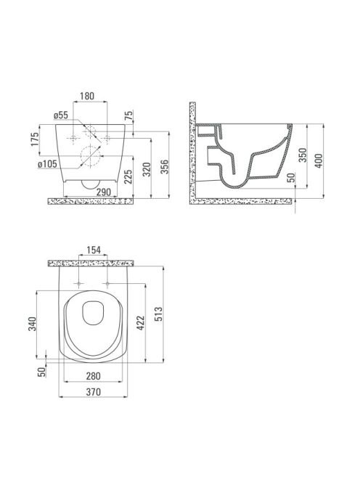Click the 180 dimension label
pos(87,96)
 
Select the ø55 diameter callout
pos(60,115)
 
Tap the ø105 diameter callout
pos(48,164)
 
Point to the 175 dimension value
pos(36,139)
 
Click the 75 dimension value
pos(129,115)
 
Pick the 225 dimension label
pos(128,176)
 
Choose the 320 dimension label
pos(147,169)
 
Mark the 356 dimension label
pos(165,167)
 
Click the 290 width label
pos(104,192)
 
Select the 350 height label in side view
pos(303,155)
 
